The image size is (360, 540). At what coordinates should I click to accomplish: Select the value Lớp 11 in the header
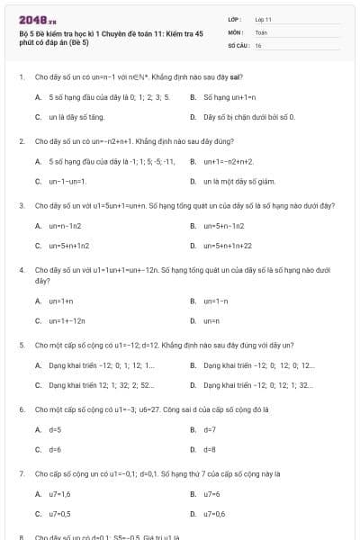(264, 19)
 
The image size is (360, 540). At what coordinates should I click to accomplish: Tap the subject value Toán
(261, 31)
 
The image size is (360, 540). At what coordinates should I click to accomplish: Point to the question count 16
(258, 44)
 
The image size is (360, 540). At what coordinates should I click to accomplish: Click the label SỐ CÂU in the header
(237, 44)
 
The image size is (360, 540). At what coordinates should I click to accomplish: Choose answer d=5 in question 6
(55, 430)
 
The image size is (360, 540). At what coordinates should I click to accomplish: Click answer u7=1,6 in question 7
(60, 494)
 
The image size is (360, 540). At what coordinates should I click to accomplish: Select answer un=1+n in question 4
(61, 301)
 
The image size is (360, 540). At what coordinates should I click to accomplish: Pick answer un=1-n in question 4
(216, 301)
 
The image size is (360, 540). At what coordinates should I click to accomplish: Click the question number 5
(22, 345)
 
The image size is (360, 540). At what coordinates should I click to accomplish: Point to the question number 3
(22, 205)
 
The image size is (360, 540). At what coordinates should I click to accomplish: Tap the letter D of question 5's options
(193, 384)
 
